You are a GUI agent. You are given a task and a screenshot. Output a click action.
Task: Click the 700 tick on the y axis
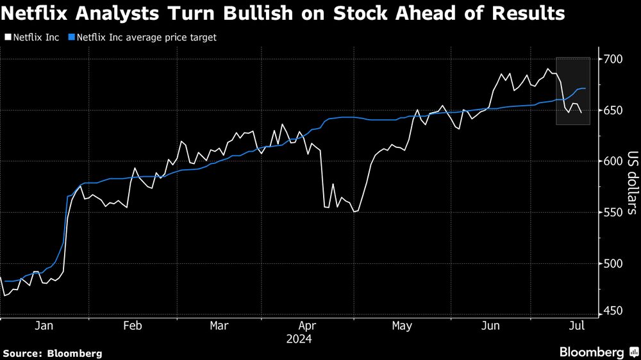pos(613,60)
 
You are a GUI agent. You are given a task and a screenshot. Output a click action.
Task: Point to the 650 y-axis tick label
pos(613,111)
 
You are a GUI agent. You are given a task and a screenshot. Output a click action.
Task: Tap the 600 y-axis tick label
pos(613,161)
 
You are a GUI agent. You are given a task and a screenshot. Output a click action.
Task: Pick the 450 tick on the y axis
pos(613,311)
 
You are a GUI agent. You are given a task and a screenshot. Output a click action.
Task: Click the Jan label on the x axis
pos(44,326)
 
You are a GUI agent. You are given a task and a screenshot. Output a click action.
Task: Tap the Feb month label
pos(132,326)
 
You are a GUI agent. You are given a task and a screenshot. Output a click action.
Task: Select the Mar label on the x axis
pos(219,326)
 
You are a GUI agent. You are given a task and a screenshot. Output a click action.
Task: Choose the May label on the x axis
pos(401,326)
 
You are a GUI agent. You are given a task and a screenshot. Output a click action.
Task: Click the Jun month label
pos(490,326)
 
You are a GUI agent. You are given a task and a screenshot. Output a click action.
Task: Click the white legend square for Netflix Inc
pos(7,38)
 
